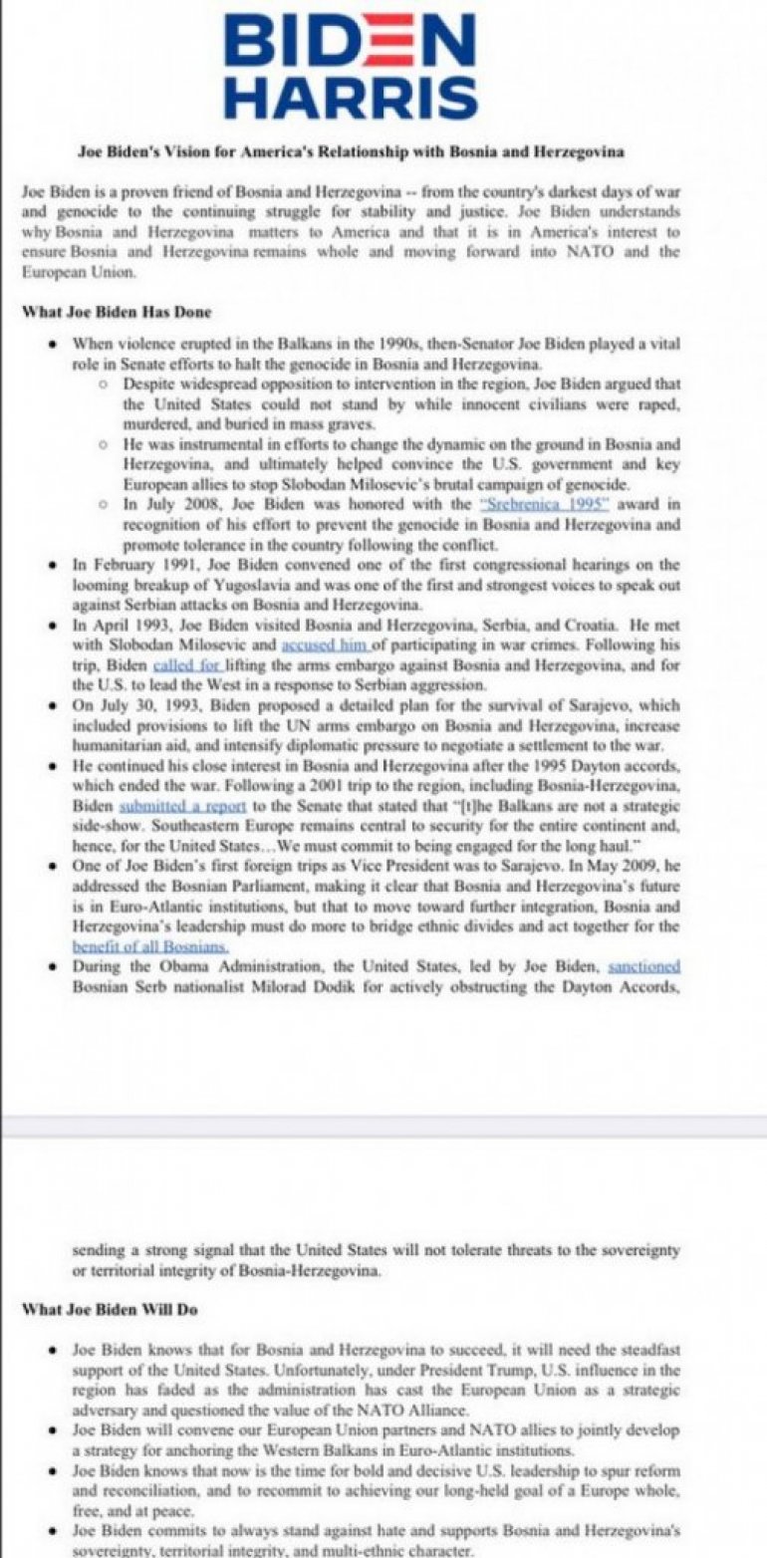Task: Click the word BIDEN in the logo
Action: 351,45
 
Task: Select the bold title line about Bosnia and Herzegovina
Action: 351,151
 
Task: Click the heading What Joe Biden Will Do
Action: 110,1309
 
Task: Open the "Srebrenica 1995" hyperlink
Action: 538,504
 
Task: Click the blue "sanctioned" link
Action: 644,965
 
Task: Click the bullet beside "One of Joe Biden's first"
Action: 52,866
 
